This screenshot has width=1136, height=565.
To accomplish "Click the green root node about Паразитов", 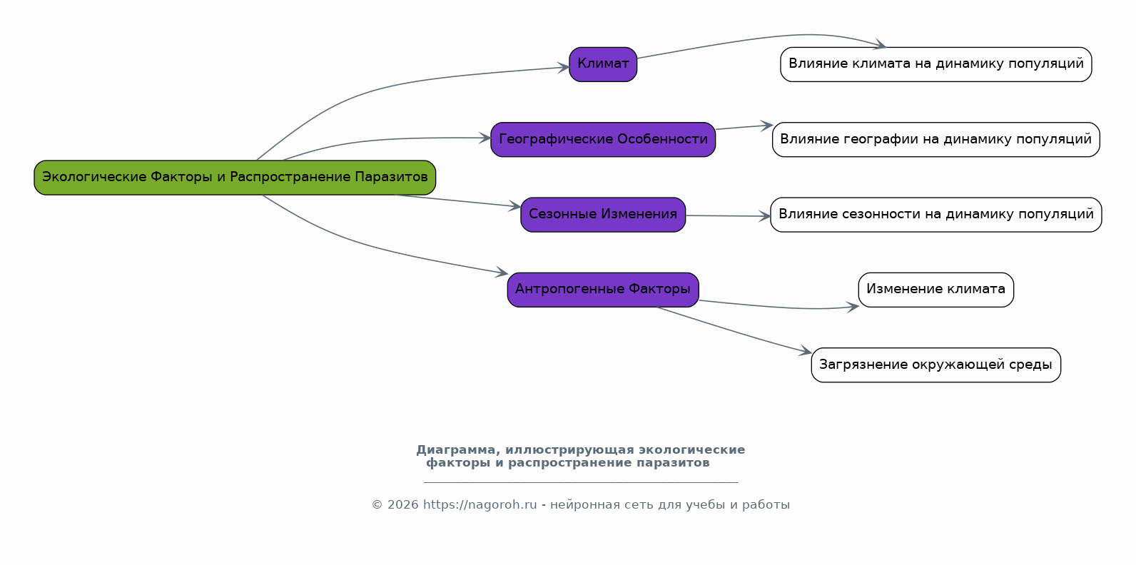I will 235,178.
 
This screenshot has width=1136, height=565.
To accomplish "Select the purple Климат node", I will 603,64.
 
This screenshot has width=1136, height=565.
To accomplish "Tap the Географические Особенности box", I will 603,140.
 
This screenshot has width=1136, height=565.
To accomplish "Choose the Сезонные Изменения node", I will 603,215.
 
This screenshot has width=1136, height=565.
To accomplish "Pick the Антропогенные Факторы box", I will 603,290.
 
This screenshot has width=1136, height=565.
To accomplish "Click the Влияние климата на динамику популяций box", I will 935,64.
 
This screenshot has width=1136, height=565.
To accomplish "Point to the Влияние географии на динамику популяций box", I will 935,140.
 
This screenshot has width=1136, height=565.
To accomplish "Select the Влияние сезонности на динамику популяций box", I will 935,215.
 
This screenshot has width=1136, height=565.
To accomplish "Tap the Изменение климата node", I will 935,290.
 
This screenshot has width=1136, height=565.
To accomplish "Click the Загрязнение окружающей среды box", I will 935,365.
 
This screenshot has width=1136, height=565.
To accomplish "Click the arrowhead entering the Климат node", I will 564,68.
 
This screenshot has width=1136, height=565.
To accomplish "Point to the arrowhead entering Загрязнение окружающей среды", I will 806,351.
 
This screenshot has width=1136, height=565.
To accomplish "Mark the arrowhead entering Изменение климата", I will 853,307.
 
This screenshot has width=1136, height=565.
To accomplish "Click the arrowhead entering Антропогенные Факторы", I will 502,273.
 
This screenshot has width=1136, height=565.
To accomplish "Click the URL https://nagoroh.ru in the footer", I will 480,505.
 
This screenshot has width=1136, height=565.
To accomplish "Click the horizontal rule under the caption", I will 580,482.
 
